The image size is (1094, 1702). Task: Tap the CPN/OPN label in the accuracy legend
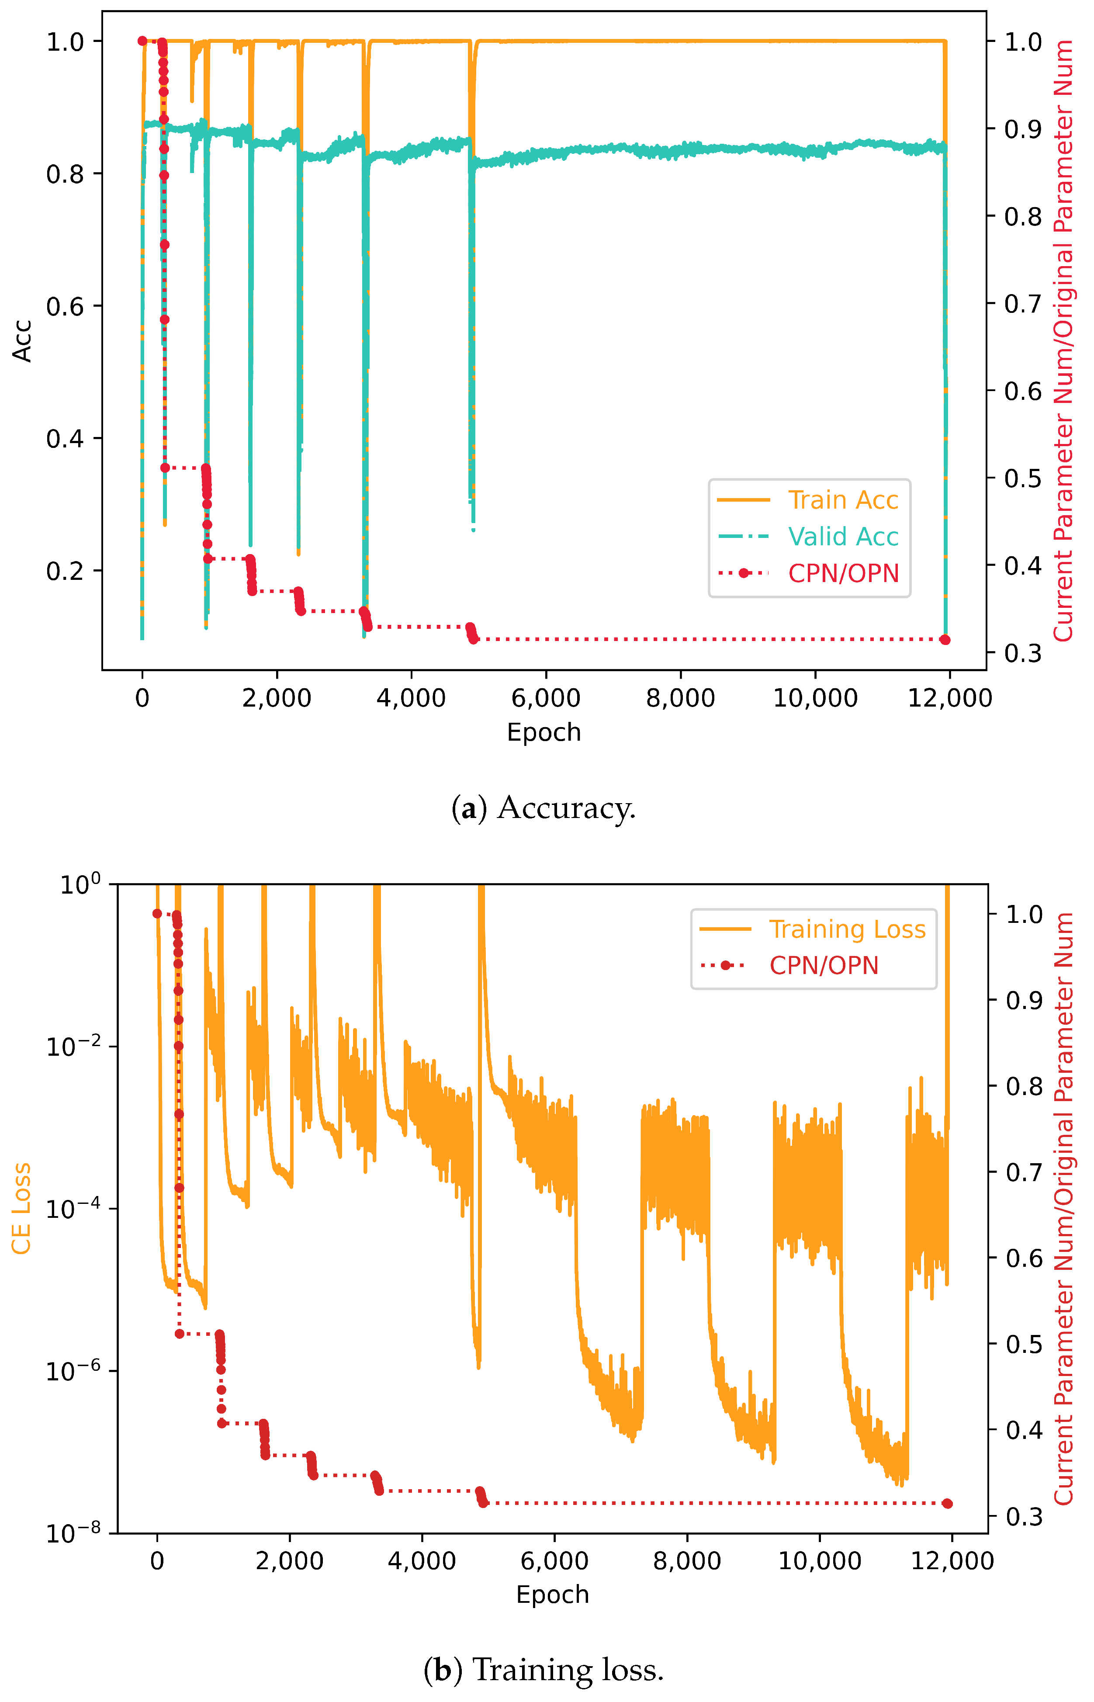pyautogui.click(x=843, y=573)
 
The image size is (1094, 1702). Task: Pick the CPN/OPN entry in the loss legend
pyautogui.click(x=824, y=965)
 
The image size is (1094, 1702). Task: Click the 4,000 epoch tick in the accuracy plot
pyautogui.click(x=411, y=698)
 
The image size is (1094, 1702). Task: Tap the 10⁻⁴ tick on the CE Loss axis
pyautogui.click(x=72, y=1208)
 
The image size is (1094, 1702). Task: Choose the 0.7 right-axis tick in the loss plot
pyautogui.click(x=1025, y=1172)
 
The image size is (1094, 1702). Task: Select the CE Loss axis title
pyautogui.click(x=21, y=1208)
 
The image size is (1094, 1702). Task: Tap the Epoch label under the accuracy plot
pyautogui.click(x=544, y=732)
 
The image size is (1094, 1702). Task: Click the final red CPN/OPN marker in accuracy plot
pyautogui.click(x=945, y=640)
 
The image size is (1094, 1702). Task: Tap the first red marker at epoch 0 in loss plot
pyautogui.click(x=157, y=914)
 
